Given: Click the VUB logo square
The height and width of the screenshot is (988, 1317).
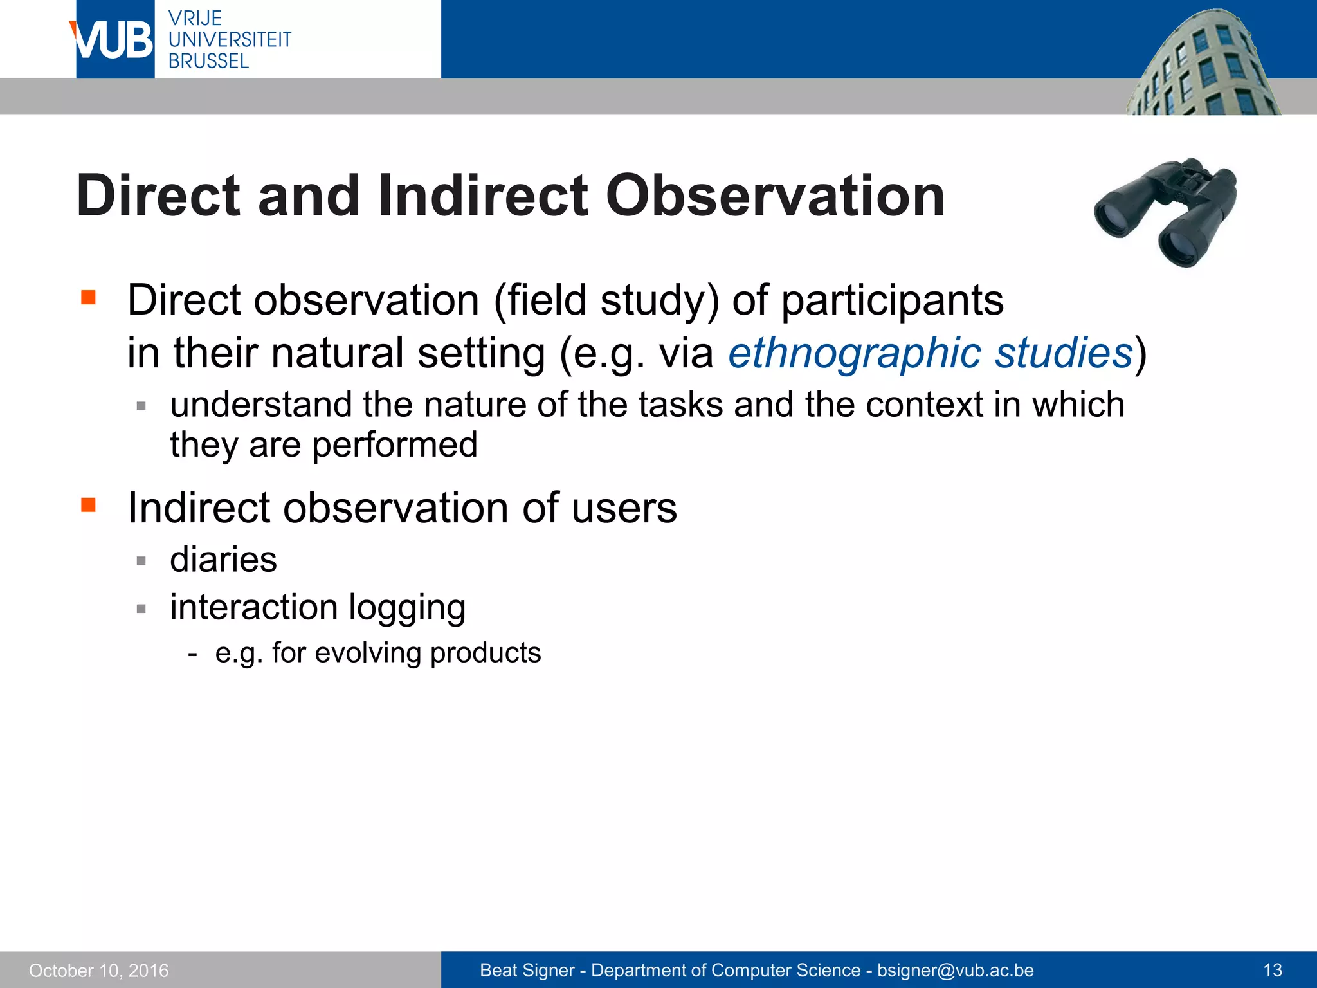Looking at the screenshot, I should point(114,39).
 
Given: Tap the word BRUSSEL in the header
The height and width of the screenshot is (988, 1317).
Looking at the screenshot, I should point(208,61).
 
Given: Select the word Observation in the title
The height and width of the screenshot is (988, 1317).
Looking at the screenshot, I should point(775,196).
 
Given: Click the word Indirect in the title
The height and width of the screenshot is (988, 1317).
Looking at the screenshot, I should point(482,196).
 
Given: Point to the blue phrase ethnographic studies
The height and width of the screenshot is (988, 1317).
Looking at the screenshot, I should point(930,353).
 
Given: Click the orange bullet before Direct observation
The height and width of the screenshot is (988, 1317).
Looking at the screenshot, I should point(88,297).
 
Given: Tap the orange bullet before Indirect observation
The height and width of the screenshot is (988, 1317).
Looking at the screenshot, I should point(88,504).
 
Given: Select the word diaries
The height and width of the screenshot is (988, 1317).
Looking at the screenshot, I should point(223,559).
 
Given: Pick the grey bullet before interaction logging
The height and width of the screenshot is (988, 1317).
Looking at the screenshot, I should point(141,608).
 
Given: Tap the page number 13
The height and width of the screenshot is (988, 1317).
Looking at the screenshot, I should point(1273,970).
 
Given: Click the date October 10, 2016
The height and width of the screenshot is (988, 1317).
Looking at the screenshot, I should point(99,970).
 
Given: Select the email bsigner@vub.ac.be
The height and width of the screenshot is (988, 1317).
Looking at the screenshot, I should point(955,970).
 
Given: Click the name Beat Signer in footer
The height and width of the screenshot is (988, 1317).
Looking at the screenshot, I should point(527,970).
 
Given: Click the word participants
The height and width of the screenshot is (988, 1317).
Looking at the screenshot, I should point(892,300).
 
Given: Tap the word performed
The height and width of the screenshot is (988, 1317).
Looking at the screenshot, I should point(394,445).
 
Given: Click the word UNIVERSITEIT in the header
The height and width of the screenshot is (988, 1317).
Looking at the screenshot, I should point(230,39).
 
